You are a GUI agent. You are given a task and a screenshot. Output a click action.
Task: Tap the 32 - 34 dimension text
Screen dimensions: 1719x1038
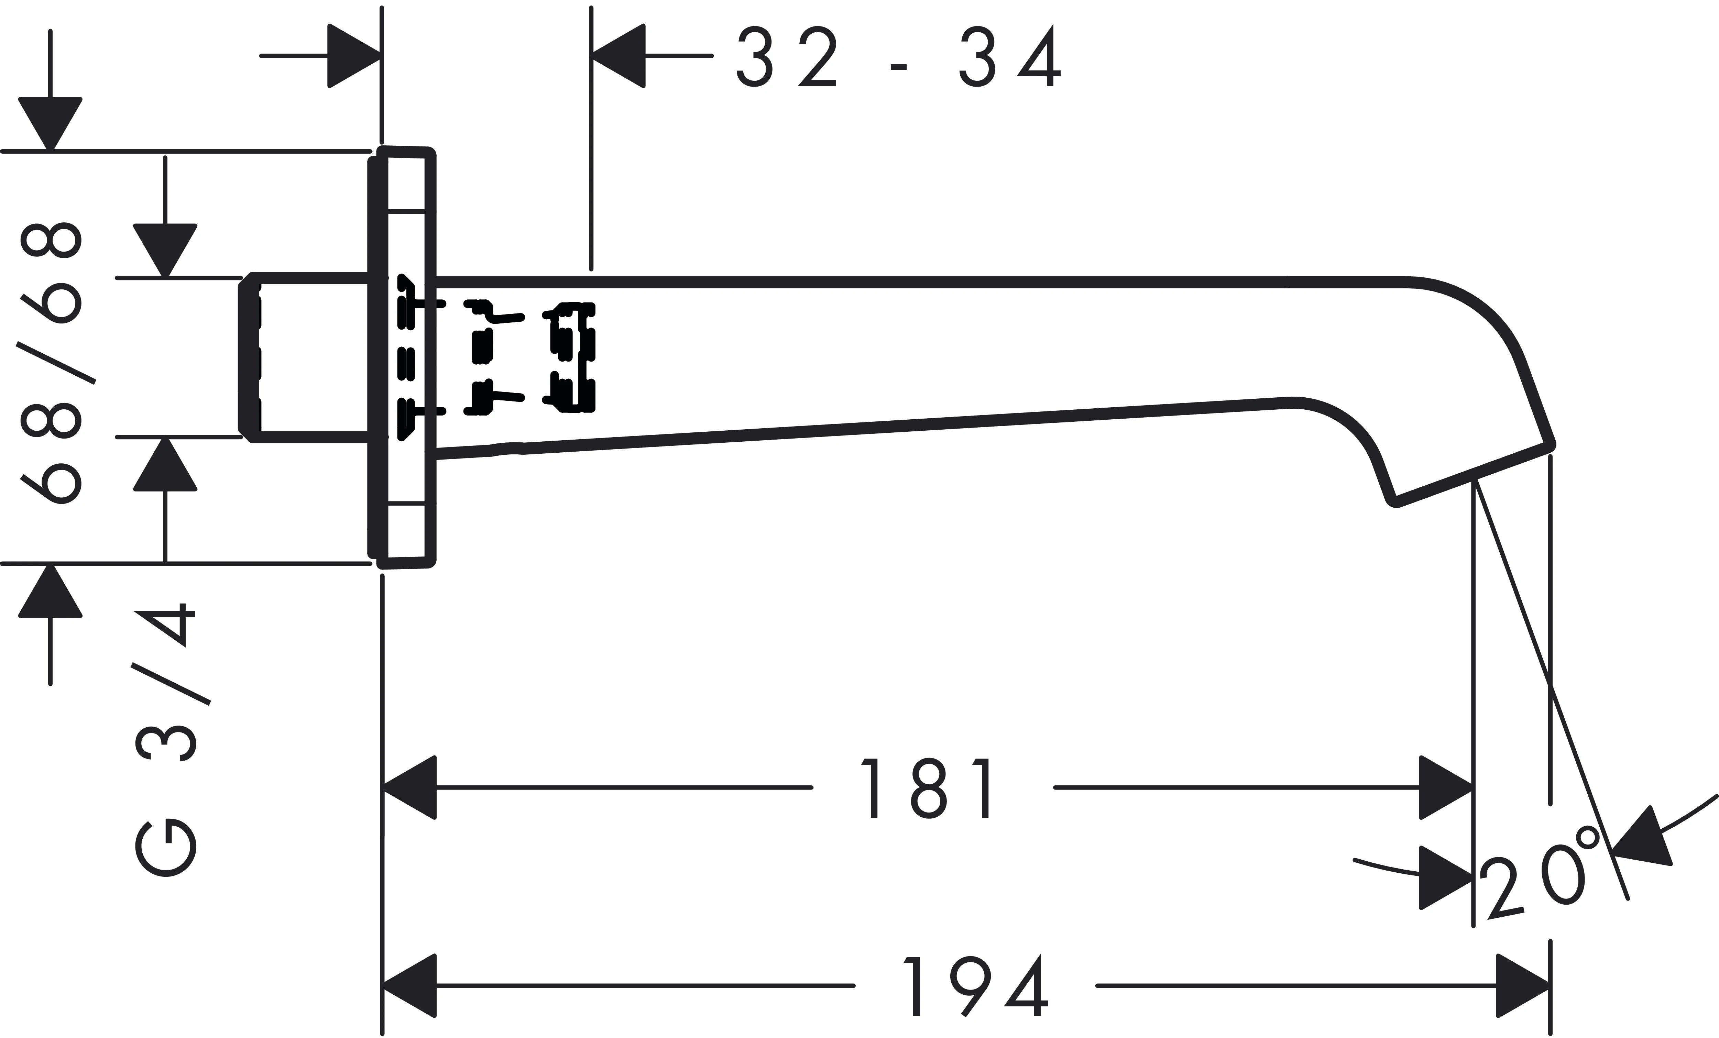[x=899, y=56]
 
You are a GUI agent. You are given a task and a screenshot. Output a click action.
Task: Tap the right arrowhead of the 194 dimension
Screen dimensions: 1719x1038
[x=1523, y=986]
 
